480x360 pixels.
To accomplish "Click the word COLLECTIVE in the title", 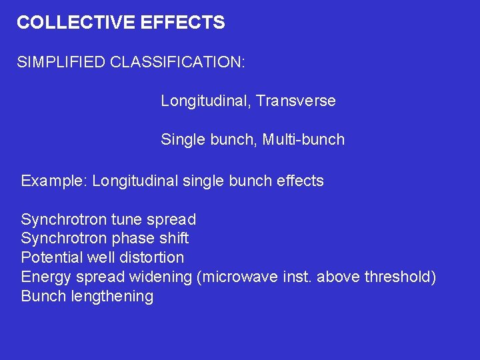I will click(76, 23).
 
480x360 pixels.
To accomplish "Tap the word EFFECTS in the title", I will click(183, 23).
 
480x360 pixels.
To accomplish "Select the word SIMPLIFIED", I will click(61, 63).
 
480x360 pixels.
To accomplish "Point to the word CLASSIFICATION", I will click(178, 63).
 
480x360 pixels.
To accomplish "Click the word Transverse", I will click(295, 101).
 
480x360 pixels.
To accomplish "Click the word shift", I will click(173, 239).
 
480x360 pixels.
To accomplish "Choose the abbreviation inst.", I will click(295, 277).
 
